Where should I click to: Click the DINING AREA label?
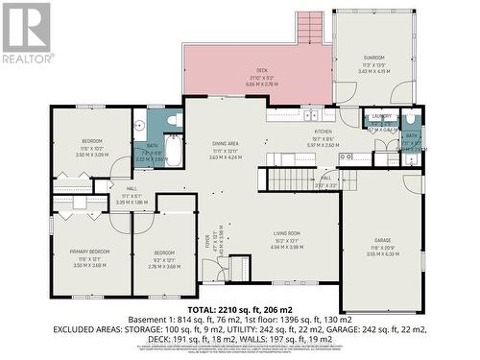226,143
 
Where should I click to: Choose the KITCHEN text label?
323,132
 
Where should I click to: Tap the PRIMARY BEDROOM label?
88,252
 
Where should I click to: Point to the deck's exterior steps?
310,28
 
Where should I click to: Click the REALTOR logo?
26,34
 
